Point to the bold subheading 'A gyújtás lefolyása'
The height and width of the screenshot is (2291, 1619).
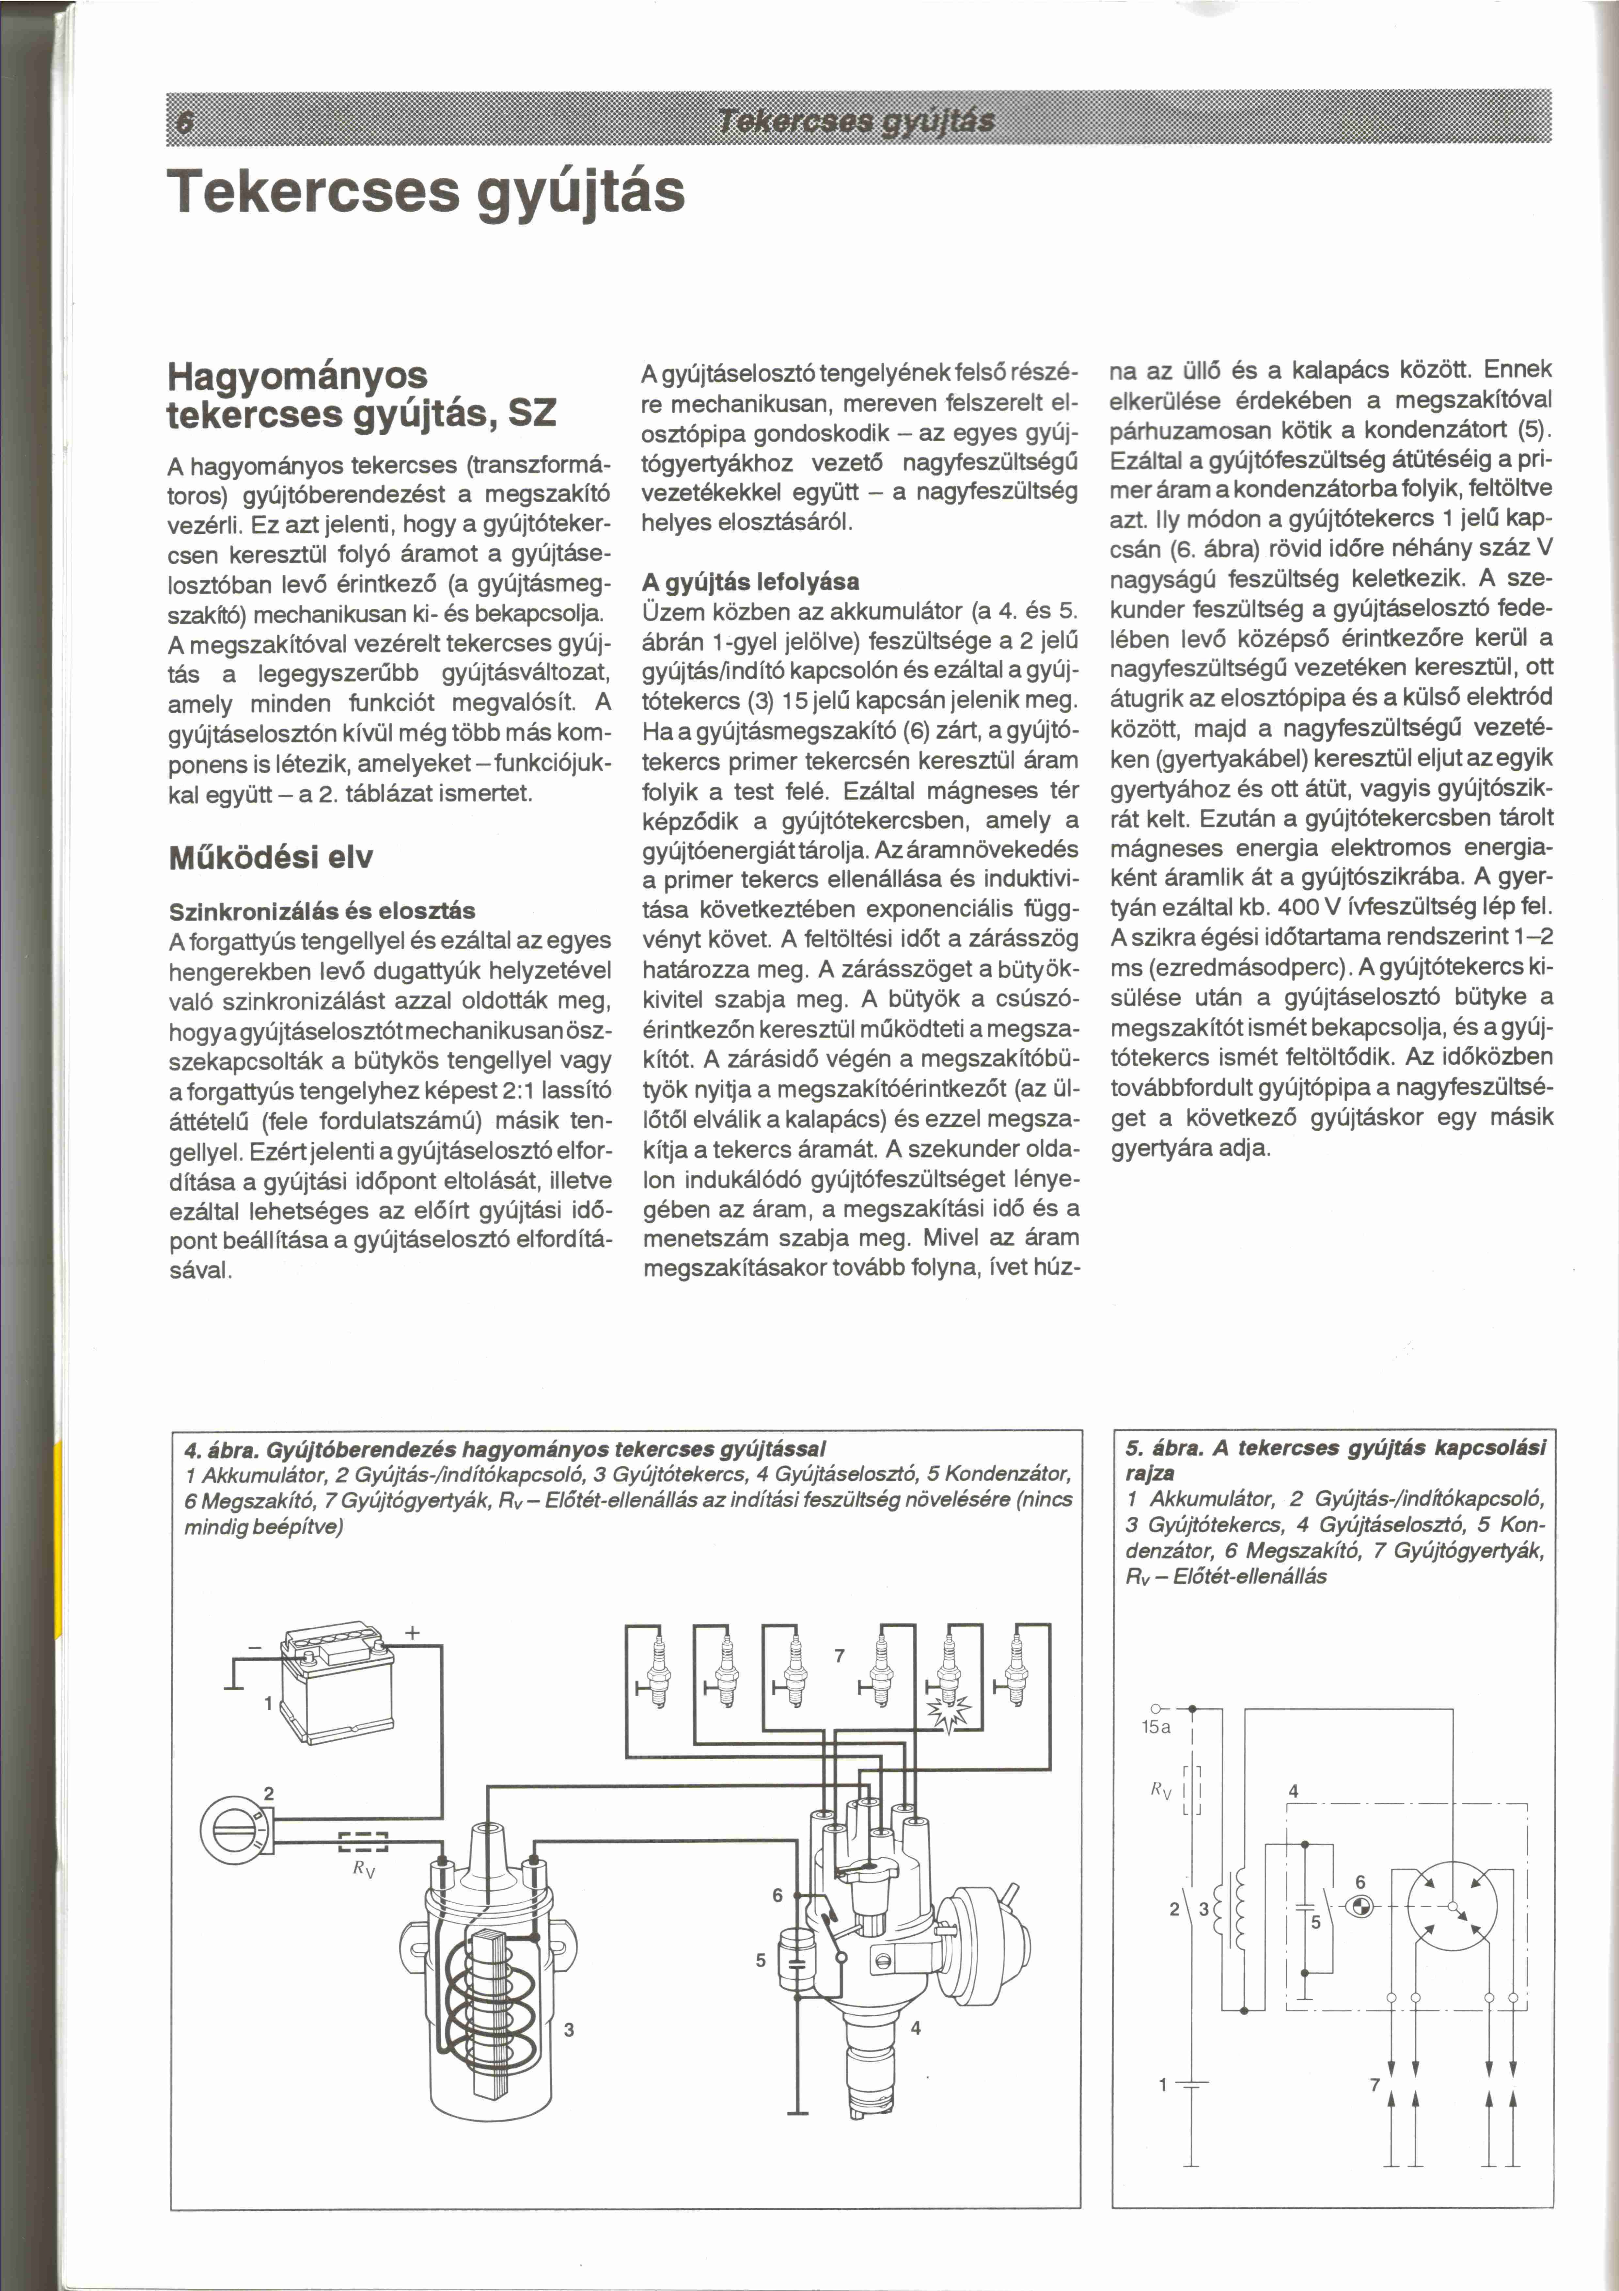click(x=751, y=581)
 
